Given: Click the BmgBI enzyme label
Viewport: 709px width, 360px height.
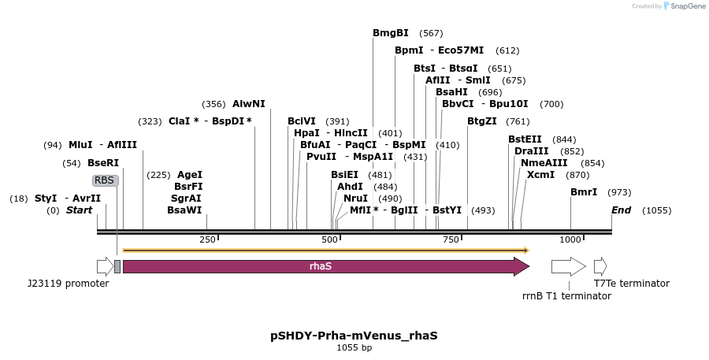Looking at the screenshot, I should click(x=391, y=33).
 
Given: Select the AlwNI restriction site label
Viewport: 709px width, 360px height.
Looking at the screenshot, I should click(x=249, y=104).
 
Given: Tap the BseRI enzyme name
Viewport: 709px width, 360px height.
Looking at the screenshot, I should click(x=103, y=163).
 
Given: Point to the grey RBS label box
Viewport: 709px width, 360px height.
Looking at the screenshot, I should click(x=105, y=180).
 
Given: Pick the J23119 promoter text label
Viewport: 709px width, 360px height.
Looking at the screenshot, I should click(x=68, y=284).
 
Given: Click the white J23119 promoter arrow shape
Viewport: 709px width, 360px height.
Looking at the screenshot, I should click(x=105, y=266).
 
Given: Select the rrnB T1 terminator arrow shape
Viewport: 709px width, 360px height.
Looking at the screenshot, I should click(x=568, y=266).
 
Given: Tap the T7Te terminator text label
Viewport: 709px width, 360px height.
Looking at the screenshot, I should click(x=632, y=284).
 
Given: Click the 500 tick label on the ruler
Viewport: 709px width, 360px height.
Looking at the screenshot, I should click(x=330, y=239).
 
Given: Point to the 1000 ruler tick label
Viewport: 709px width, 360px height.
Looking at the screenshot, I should click(x=570, y=239).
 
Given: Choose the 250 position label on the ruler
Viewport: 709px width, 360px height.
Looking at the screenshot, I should click(x=207, y=239).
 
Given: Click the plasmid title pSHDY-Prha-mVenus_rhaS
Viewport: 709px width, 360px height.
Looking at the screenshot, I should click(x=354, y=335).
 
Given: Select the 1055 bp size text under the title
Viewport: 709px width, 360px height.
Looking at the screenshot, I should click(x=354, y=347).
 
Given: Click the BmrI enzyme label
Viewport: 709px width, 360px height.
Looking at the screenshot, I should click(x=584, y=192).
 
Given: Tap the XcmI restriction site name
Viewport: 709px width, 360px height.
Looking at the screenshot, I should click(x=541, y=175).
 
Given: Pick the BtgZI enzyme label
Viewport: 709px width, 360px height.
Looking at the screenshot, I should click(x=482, y=121).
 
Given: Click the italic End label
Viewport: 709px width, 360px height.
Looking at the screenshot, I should click(x=621, y=210).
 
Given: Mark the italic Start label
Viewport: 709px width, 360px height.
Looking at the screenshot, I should click(x=79, y=210).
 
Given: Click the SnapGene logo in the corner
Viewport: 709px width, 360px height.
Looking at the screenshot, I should click(x=683, y=6).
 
